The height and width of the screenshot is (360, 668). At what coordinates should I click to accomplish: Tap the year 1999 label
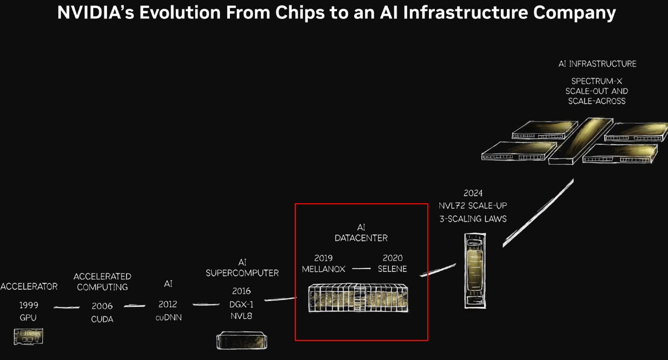(x=29, y=305)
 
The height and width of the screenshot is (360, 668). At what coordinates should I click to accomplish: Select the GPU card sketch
(x=28, y=337)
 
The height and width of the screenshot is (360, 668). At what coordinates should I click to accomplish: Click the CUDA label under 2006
(x=102, y=319)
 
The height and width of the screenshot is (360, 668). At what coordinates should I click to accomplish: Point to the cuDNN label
(x=169, y=317)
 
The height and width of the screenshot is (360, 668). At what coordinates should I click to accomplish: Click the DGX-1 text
(x=241, y=304)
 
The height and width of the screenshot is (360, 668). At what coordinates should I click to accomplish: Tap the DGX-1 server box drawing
(x=242, y=340)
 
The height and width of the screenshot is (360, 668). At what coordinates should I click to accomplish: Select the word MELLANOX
(x=323, y=269)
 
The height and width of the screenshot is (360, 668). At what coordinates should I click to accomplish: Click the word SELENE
(x=392, y=269)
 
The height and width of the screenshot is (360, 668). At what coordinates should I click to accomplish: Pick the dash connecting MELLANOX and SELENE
(x=361, y=269)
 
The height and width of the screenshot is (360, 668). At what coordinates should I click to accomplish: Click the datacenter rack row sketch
(x=358, y=298)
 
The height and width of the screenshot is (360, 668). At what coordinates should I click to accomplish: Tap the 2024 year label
(x=473, y=193)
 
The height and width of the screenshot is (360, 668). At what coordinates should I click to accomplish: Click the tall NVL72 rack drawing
(x=475, y=271)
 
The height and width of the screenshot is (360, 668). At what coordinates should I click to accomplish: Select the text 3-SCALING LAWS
(x=473, y=219)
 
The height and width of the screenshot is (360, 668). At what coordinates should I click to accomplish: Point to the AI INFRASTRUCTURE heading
(x=597, y=64)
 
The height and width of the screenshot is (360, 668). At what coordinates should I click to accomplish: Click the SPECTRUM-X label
(x=597, y=81)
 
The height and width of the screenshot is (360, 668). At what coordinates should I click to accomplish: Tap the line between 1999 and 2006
(x=67, y=307)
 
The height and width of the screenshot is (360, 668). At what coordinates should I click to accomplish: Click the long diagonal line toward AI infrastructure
(x=538, y=213)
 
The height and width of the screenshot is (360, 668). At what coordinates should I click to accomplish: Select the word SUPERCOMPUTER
(x=242, y=273)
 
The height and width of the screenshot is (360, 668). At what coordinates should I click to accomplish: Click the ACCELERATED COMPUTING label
(x=102, y=282)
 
